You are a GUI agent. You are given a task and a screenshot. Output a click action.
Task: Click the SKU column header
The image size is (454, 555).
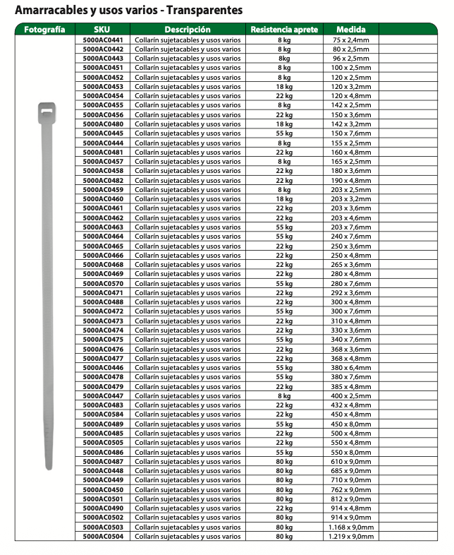point(102,30)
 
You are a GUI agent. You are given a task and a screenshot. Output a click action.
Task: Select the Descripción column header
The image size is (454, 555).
point(187,30)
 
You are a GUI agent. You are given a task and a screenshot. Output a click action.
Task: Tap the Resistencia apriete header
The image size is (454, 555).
point(284,30)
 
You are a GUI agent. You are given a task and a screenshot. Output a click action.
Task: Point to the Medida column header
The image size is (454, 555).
point(350,30)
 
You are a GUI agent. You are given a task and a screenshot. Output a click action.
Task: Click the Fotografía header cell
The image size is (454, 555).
point(44,30)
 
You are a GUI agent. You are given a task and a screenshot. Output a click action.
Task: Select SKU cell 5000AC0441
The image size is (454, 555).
point(102,40)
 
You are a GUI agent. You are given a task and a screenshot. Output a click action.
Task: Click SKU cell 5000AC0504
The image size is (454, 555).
point(102,537)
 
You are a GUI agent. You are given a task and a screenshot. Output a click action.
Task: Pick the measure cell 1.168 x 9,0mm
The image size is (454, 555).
point(350,527)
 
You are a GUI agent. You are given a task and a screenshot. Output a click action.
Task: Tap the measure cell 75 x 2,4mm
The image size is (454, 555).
point(350,40)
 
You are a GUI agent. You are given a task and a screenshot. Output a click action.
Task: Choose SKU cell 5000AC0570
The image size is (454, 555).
point(102,284)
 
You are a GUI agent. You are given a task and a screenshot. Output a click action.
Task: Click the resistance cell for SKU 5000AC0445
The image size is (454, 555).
point(284,133)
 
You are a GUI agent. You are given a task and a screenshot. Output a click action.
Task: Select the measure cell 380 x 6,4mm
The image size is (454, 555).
point(350,368)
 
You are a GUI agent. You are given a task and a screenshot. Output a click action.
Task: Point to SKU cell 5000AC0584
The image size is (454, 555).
point(102,414)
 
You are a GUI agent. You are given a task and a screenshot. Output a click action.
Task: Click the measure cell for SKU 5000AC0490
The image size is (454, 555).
point(350,508)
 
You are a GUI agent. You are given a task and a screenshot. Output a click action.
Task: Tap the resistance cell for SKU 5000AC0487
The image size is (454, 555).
point(284,462)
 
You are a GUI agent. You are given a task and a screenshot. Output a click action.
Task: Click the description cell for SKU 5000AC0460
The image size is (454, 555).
point(187,199)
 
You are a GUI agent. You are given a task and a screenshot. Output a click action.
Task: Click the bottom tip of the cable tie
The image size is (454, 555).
point(48,466)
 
